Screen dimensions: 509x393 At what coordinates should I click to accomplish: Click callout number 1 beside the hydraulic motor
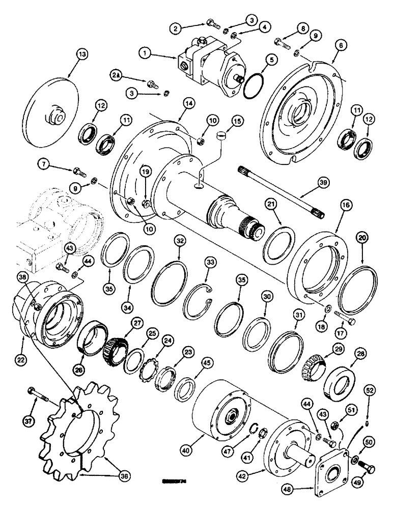coord(147,51)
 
